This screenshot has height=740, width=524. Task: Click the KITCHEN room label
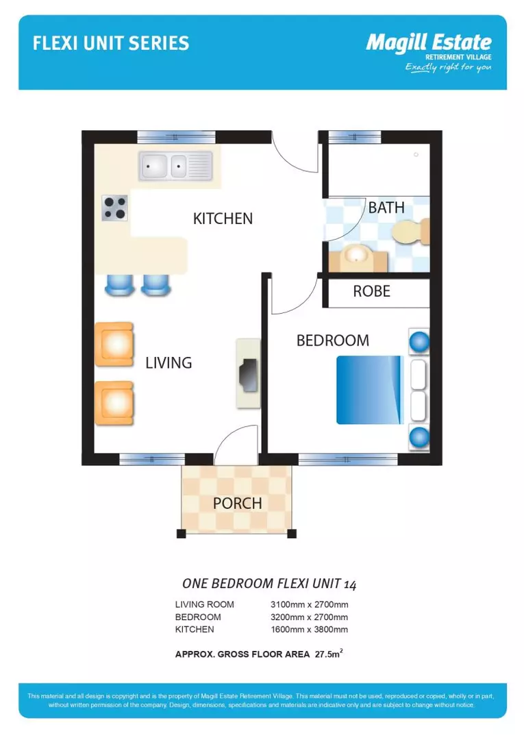[223, 219]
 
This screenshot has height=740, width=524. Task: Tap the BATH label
[386, 208]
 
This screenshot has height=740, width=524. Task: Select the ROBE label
[371, 291]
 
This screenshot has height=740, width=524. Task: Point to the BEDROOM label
[332, 341]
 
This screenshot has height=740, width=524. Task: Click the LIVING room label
[169, 363]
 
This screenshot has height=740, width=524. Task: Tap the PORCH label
[237, 504]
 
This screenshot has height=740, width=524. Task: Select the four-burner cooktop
[114, 208]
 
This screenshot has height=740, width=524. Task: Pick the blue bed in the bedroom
[368, 389]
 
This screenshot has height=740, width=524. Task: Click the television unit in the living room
[248, 373]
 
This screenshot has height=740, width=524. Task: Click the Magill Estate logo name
[428, 42]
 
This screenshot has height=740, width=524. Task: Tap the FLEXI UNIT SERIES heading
[111, 44]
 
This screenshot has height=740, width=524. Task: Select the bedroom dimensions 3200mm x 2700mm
[310, 617]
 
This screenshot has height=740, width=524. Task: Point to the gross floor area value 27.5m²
[329, 654]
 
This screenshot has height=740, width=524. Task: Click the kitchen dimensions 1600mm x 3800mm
[310, 629]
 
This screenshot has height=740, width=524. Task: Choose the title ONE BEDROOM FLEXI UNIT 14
[269, 584]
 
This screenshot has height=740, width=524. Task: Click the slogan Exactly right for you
[448, 67]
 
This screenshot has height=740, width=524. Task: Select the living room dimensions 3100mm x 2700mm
[310, 604]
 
